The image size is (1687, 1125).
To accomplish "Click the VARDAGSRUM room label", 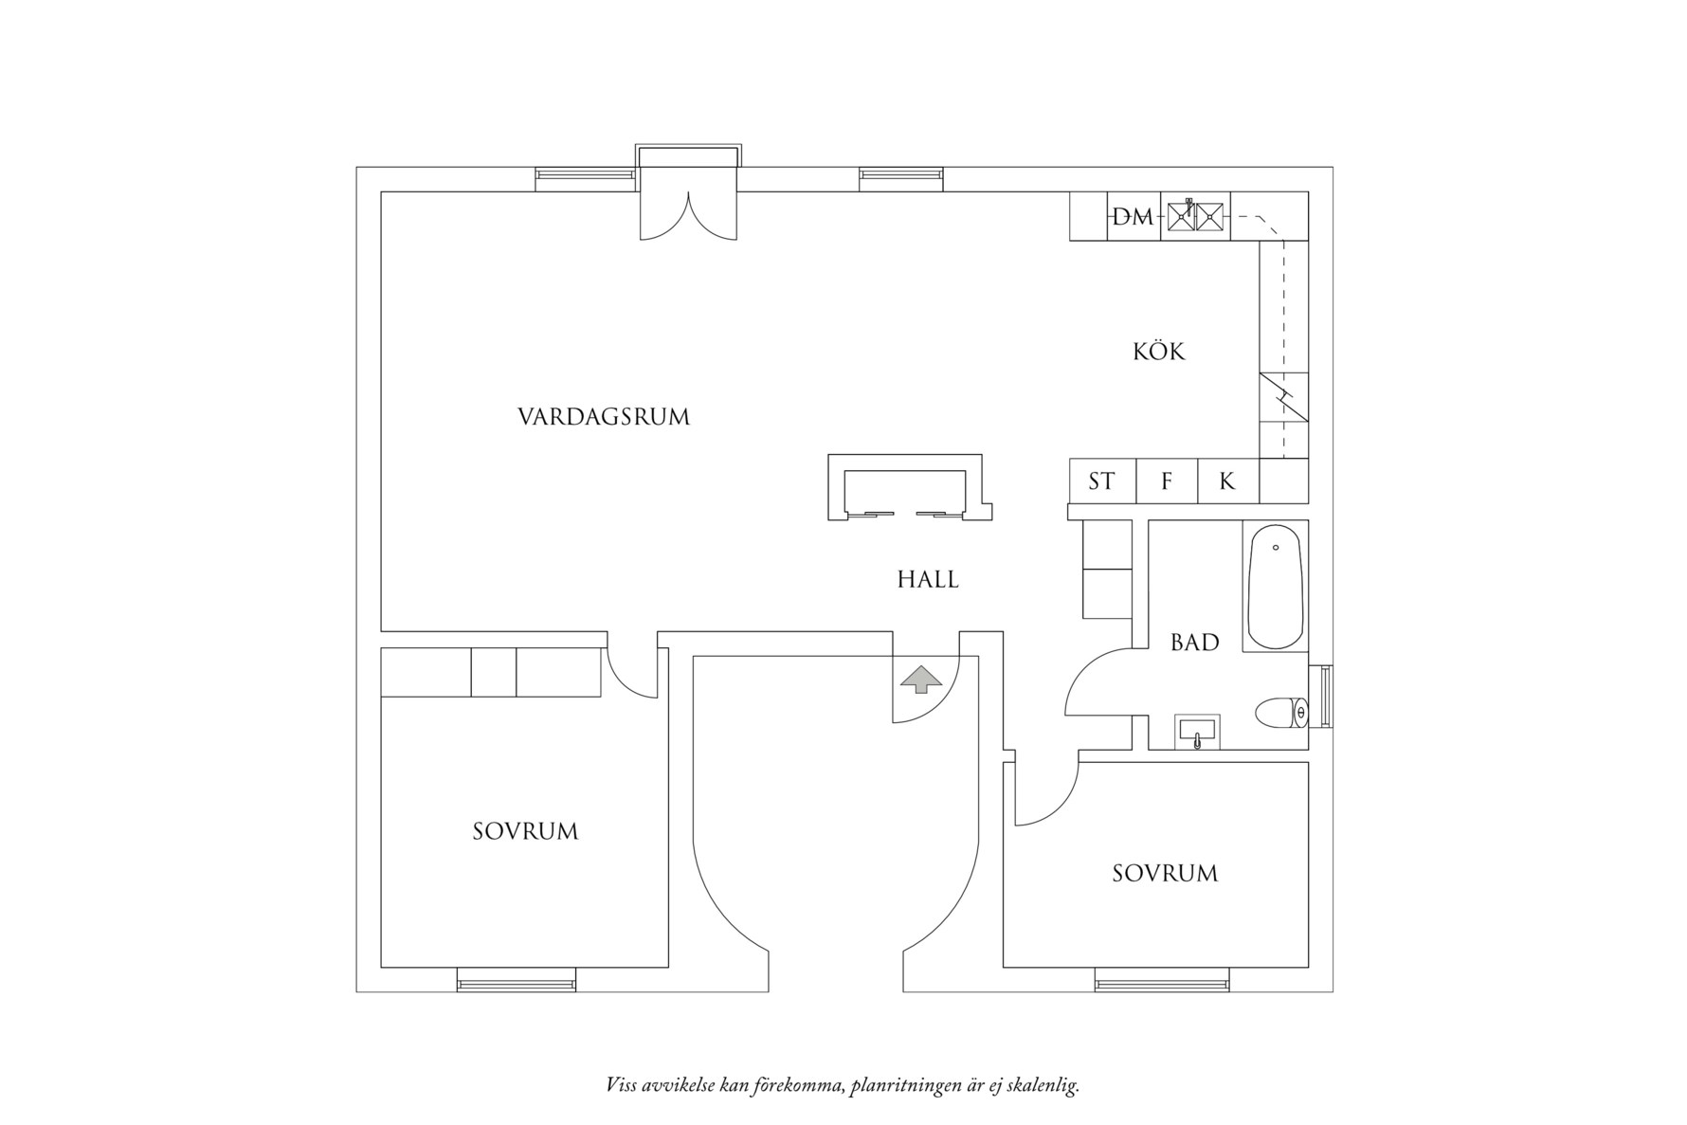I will (604, 417).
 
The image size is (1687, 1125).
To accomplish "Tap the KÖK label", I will (1158, 352).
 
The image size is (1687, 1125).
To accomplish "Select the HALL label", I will (928, 579).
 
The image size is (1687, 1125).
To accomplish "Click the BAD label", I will (1194, 643).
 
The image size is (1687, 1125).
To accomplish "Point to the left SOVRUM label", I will (525, 831).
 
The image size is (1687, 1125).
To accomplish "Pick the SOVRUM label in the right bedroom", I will (1165, 873).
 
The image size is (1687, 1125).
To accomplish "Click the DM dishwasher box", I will (1134, 217).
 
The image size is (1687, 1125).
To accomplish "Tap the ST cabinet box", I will (1101, 481).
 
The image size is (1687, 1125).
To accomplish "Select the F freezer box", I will (1167, 481).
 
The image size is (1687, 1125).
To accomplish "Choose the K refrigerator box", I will (1227, 481).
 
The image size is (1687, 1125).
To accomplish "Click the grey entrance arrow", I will (921, 680).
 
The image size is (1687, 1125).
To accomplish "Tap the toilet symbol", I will (1280, 713).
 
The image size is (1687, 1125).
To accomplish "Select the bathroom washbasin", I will (1198, 733).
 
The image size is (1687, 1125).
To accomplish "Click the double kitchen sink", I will (1196, 216).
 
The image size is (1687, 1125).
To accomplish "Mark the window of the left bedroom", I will (517, 980).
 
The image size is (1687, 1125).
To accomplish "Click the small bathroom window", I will (1325, 697).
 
